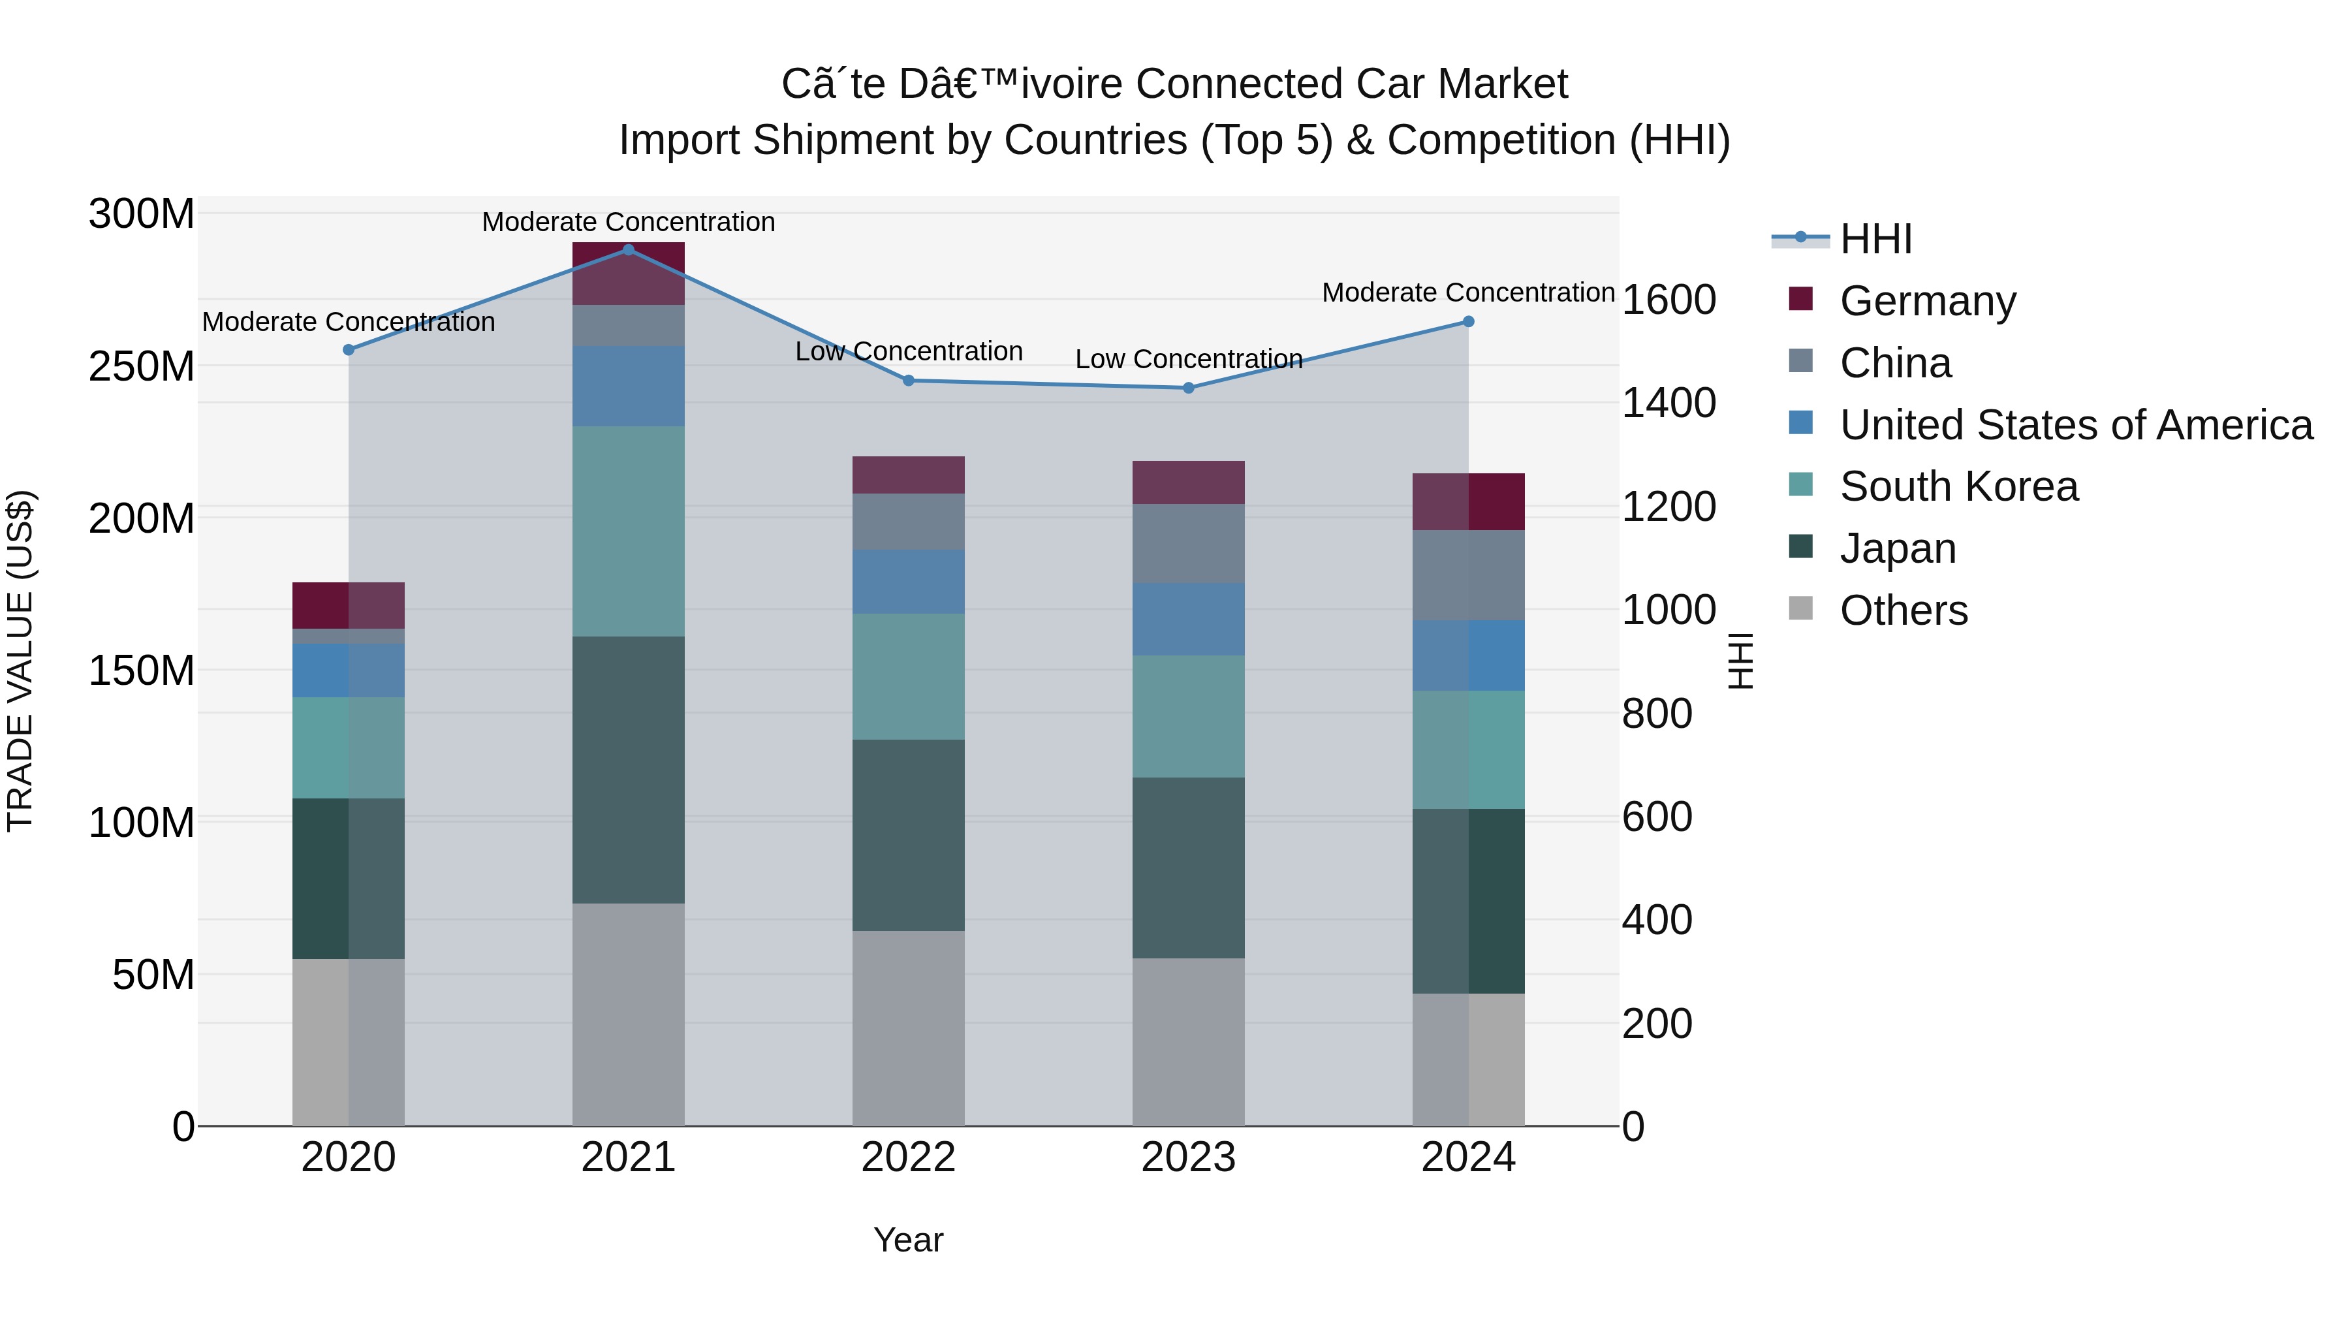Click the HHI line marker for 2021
point(629,249)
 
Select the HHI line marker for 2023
point(1188,388)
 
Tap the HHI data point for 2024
point(1468,321)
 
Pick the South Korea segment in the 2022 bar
point(908,676)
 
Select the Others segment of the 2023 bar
point(1188,1041)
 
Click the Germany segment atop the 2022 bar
point(908,475)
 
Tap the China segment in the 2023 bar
point(1188,543)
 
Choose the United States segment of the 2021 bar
point(629,385)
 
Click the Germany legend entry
point(1927,301)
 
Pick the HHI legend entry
point(1875,239)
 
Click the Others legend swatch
point(1801,608)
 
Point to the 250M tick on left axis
point(142,366)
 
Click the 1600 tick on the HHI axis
point(1668,300)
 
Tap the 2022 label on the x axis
point(908,1157)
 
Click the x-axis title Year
point(908,1240)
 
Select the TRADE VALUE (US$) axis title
point(21,661)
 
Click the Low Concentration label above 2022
point(908,351)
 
